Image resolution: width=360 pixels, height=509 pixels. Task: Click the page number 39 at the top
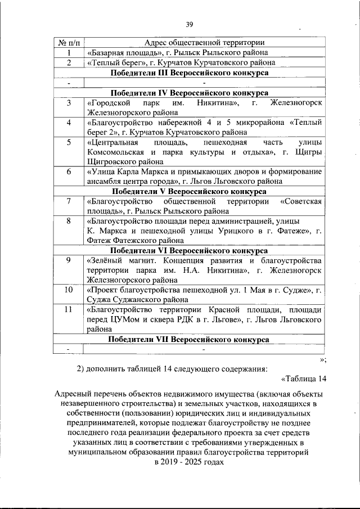pyautogui.click(x=190, y=24)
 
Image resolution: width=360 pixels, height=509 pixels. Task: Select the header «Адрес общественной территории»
pyautogui.click(x=205, y=43)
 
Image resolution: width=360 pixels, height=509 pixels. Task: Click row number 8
pyautogui.click(x=69, y=220)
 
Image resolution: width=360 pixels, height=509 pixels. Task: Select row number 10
pyautogui.click(x=69, y=290)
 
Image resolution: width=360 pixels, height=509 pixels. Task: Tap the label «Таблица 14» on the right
pyautogui.click(x=304, y=378)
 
